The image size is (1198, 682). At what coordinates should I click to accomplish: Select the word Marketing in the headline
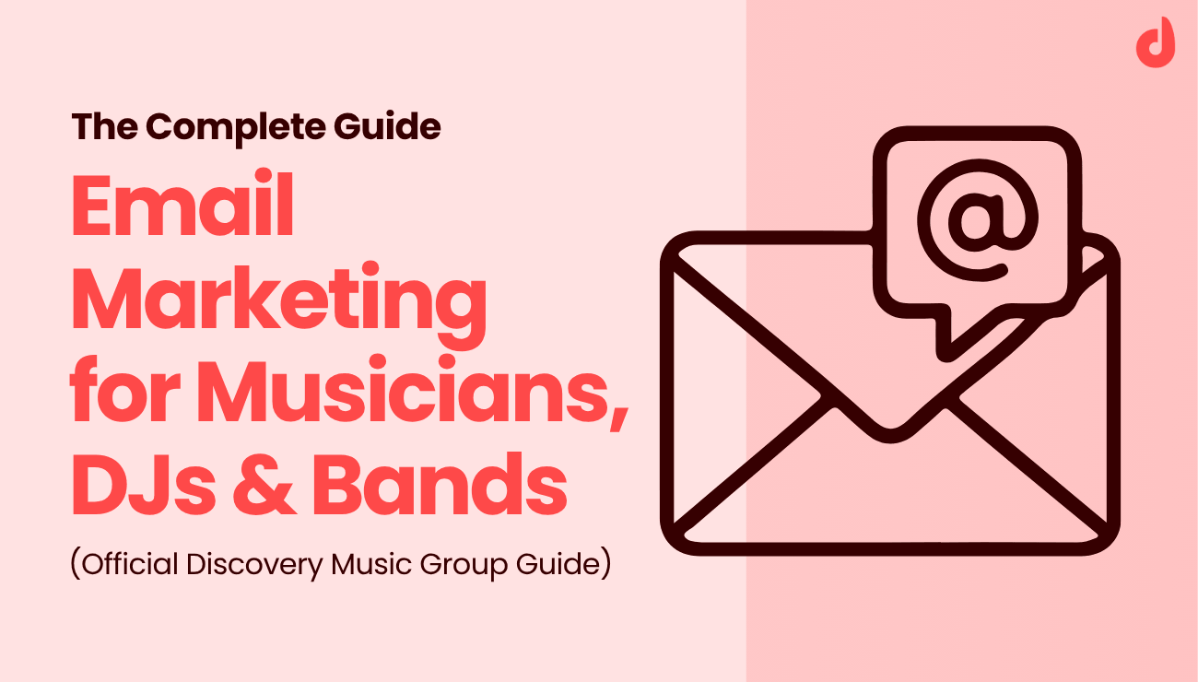point(278,303)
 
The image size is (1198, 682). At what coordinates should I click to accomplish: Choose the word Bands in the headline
point(440,488)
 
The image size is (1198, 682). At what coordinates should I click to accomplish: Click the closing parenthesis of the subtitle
point(605,563)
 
